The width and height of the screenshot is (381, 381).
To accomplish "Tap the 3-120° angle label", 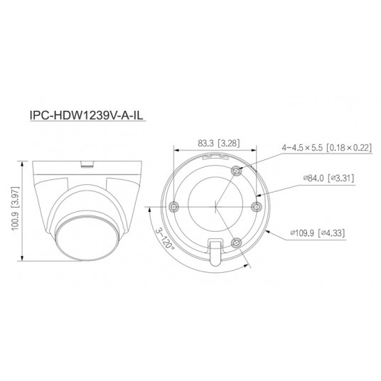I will coord(163,235).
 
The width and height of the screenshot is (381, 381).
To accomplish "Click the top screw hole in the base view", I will coord(237,170).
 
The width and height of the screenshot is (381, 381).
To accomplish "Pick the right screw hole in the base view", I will coord(257,206).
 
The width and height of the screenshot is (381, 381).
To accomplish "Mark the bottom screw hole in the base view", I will coord(237,242).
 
